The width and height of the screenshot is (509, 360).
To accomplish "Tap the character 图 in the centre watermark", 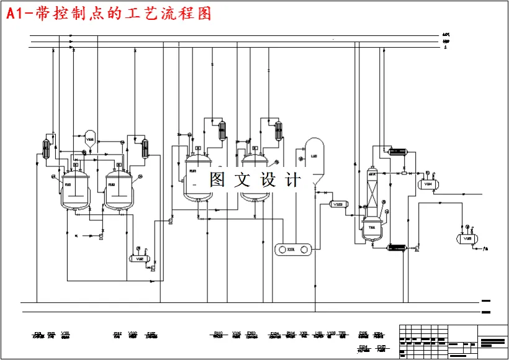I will pyautogui.click(x=217, y=180).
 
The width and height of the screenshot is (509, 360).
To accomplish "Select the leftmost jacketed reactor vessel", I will pyautogui.click(x=74, y=189).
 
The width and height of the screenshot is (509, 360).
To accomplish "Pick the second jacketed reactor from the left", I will pyautogui.click(x=118, y=189).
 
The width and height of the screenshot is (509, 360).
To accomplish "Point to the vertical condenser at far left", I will pyautogui.click(x=46, y=149).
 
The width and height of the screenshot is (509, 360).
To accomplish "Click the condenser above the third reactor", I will pyautogui.click(x=222, y=130).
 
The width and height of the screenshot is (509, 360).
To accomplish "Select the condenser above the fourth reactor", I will pyautogui.click(x=279, y=130).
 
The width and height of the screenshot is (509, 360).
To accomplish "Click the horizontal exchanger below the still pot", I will pyautogui.click(x=396, y=248).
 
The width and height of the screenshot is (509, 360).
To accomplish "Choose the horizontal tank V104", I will pyautogui.click(x=428, y=184).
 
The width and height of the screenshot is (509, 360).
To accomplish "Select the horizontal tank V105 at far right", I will pyautogui.click(x=469, y=238).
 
